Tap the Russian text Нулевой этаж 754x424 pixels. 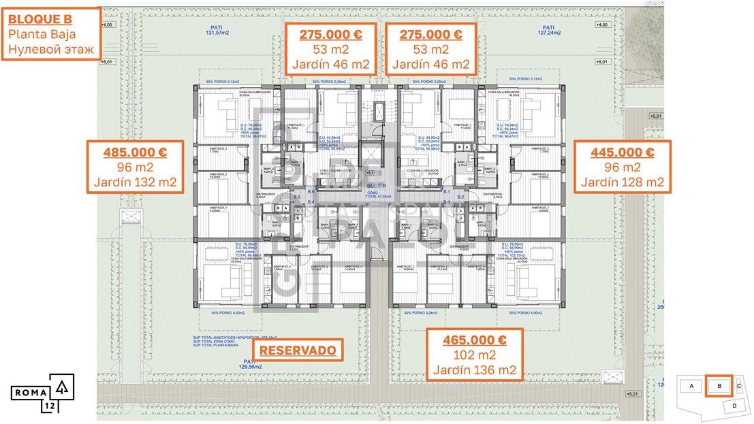pos(52,49)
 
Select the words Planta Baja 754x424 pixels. pos(42,33)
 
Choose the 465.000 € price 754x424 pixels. pos(474,340)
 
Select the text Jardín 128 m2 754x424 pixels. pos(618,182)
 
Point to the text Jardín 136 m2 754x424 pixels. pos(474,371)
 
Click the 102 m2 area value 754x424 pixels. pos(474,355)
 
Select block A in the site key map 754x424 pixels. pos(691,386)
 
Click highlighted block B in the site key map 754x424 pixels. pos(718,386)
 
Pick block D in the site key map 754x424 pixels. pos(734,406)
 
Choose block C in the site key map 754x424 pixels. pos(739,386)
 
